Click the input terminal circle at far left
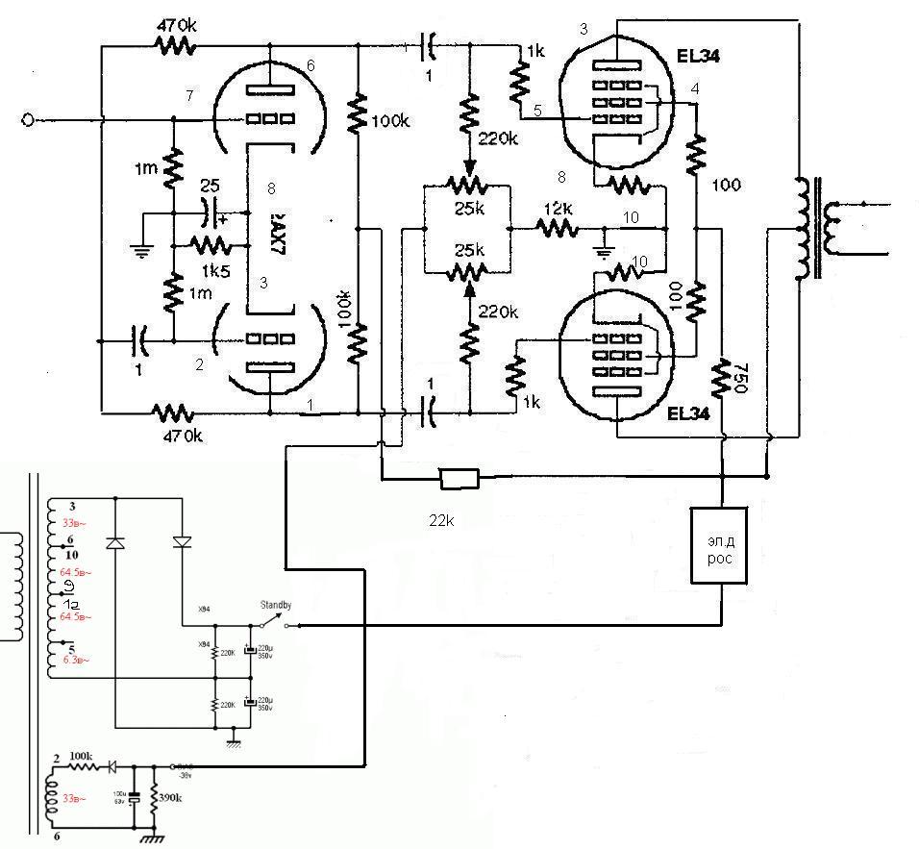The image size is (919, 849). [x=29, y=119]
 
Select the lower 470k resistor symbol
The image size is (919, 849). [x=173, y=412]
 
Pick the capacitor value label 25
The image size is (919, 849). [x=210, y=185]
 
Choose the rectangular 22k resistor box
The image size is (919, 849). [x=459, y=476]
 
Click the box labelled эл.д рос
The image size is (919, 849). [x=719, y=545]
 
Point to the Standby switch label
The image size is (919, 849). [x=276, y=605]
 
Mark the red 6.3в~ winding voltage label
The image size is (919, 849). [x=75, y=661]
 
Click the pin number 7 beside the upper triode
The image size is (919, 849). [x=190, y=95]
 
